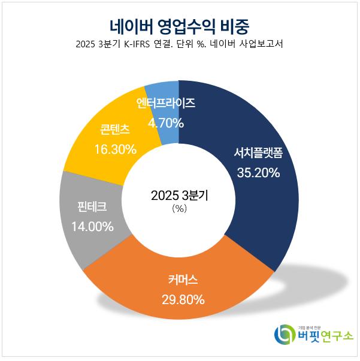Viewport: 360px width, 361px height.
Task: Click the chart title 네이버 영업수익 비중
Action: [179, 26]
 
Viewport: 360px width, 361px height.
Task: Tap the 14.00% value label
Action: [92, 226]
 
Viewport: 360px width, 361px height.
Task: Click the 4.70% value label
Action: [165, 123]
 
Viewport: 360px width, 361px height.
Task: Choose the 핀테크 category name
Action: [92, 207]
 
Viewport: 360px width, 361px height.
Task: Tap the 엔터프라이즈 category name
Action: [165, 103]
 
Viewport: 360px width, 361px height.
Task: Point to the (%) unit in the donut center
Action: [179, 209]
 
